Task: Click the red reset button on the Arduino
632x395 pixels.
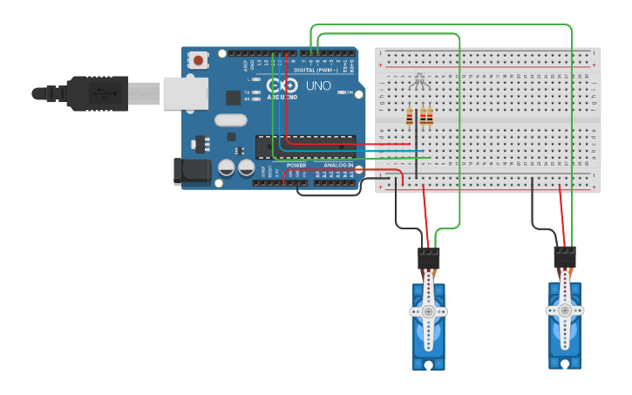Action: (x=199, y=61)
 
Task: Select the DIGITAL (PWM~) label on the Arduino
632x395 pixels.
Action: (x=316, y=70)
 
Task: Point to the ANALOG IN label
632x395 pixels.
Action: (x=338, y=164)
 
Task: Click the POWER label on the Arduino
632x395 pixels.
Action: (x=296, y=164)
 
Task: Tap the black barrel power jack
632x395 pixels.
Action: (x=192, y=172)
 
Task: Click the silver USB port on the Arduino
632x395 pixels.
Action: (x=185, y=93)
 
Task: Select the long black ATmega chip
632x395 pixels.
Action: (x=305, y=147)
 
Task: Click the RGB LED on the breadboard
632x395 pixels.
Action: (x=418, y=83)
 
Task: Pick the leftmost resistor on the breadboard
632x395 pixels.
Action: (x=411, y=116)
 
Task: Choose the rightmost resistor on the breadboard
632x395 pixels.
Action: (x=429, y=116)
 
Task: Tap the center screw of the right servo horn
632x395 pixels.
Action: (x=565, y=310)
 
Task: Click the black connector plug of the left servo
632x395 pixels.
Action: (x=429, y=258)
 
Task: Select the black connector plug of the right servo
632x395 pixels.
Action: (x=565, y=257)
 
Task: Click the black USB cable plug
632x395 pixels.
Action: (x=98, y=93)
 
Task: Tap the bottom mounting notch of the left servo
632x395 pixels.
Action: (x=428, y=364)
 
